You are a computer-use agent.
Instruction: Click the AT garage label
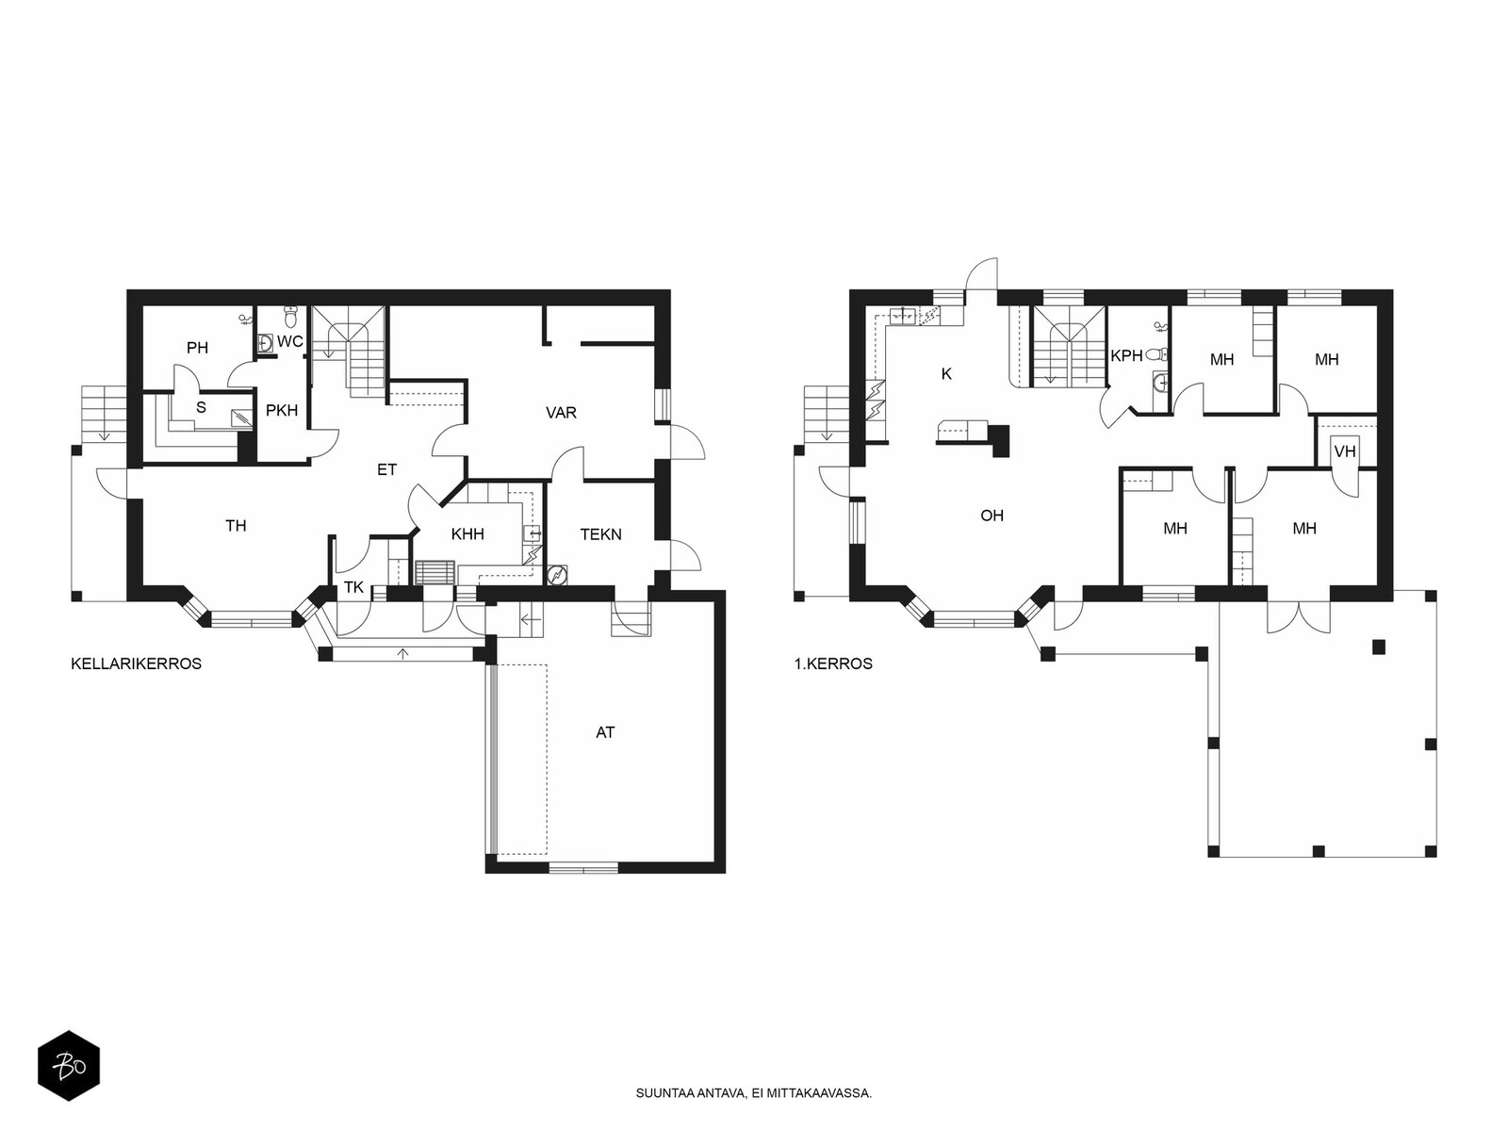(x=604, y=732)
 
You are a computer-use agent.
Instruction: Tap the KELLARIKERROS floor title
(x=136, y=664)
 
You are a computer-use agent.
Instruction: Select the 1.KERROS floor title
(x=833, y=664)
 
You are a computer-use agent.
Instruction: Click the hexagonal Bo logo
(x=69, y=1066)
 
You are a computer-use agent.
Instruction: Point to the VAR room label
(x=561, y=413)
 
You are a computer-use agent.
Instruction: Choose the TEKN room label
(x=600, y=534)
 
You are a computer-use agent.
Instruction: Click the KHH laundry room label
(x=467, y=534)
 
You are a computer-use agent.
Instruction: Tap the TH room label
(x=236, y=526)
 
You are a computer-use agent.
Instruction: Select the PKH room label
(x=282, y=411)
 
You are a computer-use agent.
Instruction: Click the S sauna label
(x=201, y=408)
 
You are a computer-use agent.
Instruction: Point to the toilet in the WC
(x=291, y=318)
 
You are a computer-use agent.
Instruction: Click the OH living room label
(x=992, y=515)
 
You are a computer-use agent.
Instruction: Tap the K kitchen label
(x=946, y=374)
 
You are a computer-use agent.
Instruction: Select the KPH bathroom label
(x=1126, y=355)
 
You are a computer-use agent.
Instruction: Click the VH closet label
(x=1345, y=451)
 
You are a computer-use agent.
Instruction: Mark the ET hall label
(x=386, y=469)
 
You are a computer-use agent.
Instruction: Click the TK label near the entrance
(x=353, y=588)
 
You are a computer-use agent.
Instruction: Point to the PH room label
(x=197, y=348)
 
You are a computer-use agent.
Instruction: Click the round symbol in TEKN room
(x=557, y=575)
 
